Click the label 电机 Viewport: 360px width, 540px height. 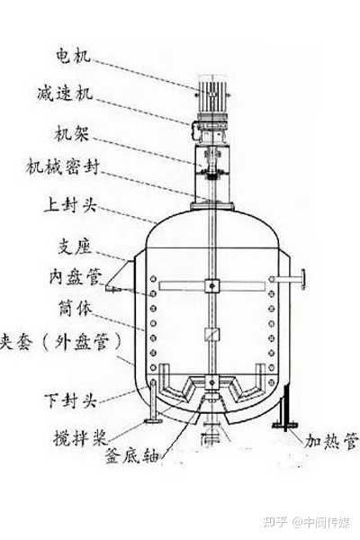[x=73, y=56]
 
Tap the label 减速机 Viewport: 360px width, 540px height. [x=65, y=94]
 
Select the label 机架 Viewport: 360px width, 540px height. [x=72, y=133]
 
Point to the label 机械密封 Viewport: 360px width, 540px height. [x=63, y=167]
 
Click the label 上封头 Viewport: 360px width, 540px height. [x=70, y=205]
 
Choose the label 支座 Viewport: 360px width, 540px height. [x=75, y=247]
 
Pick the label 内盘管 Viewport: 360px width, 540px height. [x=76, y=277]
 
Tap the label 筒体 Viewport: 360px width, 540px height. [x=76, y=308]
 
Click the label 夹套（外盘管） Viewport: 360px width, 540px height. [x=61, y=342]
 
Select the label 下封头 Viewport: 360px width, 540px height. [x=70, y=400]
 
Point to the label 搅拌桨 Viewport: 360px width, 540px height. [x=80, y=437]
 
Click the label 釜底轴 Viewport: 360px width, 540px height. [x=132, y=456]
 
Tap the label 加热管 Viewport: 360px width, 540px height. [x=331, y=441]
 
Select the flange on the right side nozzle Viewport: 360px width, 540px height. [x=302, y=279]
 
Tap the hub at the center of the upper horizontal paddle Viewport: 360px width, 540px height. [x=211, y=285]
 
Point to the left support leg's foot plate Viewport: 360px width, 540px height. [x=154, y=420]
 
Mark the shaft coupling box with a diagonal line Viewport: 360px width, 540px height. [x=211, y=335]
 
